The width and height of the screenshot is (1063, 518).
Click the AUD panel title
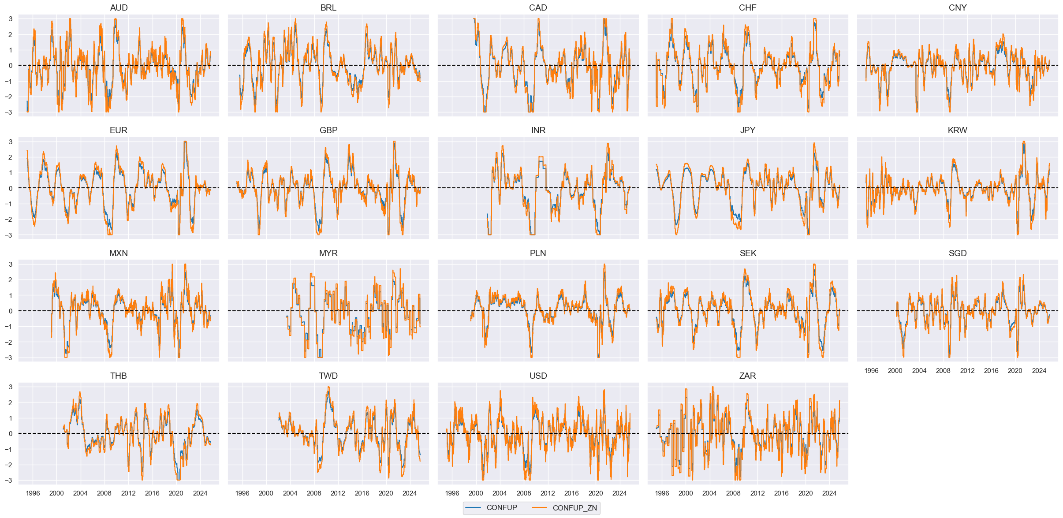click(119, 7)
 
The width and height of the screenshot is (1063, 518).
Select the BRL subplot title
click(328, 7)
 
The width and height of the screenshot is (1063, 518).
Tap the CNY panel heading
click(957, 7)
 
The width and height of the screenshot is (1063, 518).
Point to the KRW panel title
click(957, 130)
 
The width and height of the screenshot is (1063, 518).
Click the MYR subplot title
click(328, 253)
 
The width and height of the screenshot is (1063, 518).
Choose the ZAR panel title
click(747, 376)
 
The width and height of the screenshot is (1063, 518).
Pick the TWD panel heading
click(328, 376)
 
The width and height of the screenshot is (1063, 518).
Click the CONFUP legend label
click(502, 507)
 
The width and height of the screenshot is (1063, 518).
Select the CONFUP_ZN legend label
click(574, 508)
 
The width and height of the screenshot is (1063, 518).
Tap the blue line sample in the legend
click(473, 508)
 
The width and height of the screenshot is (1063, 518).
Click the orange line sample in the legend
click(539, 508)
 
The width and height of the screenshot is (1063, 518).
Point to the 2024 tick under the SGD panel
click(1039, 371)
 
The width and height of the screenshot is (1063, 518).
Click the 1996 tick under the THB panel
click(33, 493)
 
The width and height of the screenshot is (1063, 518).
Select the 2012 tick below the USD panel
click(548, 493)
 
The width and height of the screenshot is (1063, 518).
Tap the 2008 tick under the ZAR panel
click(733, 493)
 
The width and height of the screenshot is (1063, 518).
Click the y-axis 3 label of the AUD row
click(11, 19)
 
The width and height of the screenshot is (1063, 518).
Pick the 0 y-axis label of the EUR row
click(11, 188)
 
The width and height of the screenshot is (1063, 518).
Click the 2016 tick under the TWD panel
click(362, 493)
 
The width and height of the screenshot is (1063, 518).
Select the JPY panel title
click(747, 130)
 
